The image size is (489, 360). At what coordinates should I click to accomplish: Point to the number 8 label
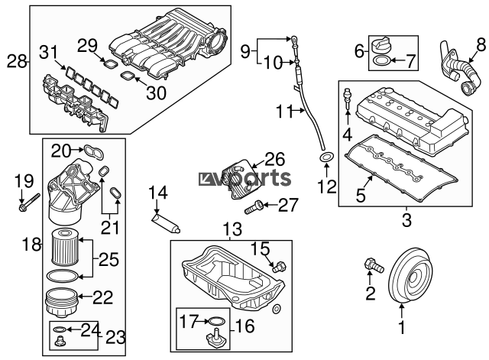point(481,43)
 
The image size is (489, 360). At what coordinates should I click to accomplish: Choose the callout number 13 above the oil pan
point(231,229)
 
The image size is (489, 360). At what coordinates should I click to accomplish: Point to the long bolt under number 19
point(28,204)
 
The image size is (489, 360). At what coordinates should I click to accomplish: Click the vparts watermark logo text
point(246,178)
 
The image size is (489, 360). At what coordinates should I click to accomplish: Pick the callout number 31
point(48,51)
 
